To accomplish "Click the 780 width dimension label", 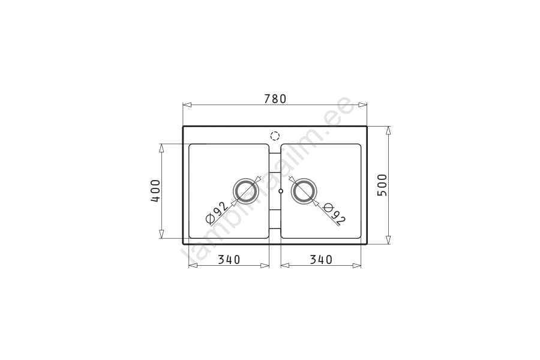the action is tap(275, 99).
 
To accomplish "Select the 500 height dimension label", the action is tap(382, 185).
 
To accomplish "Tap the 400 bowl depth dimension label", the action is tap(155, 191).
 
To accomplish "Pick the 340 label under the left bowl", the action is tap(229, 259).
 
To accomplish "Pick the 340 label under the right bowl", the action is tap(321, 259).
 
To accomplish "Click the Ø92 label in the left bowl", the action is tap(216, 212).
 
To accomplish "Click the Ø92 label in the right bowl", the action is tap(334, 214).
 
